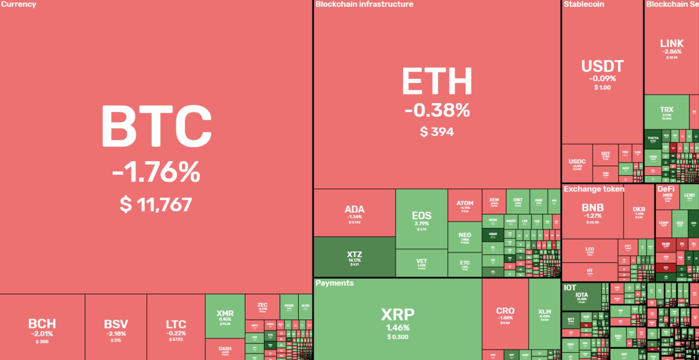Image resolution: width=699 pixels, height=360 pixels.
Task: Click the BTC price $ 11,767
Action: click(x=156, y=205)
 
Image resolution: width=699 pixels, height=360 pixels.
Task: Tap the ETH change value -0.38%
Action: click(x=437, y=111)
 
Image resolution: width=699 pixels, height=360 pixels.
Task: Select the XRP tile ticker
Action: click(x=397, y=315)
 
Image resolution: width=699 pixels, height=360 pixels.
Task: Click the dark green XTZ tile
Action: click(x=354, y=257)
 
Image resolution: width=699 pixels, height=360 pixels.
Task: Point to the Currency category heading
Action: click(x=18, y=4)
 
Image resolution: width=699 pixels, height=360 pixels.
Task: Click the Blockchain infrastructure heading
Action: click(x=364, y=4)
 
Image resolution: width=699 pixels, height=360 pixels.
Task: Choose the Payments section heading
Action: click(x=334, y=283)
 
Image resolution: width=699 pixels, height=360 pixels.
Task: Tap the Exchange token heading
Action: click(x=594, y=189)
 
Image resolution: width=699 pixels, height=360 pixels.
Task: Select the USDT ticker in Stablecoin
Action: click(x=602, y=66)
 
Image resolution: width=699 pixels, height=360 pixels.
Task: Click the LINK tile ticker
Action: click(x=672, y=43)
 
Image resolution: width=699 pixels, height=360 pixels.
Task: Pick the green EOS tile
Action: click(x=421, y=219)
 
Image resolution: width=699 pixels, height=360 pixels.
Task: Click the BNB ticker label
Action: click(x=592, y=207)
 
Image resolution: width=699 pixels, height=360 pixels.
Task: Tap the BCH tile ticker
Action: click(x=42, y=323)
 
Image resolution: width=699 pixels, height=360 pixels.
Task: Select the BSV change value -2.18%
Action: click(x=116, y=334)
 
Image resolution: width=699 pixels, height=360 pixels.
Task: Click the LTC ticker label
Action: click(x=176, y=324)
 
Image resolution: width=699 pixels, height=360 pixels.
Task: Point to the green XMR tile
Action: click(x=225, y=316)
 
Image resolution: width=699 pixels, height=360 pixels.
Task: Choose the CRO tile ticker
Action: click(x=505, y=311)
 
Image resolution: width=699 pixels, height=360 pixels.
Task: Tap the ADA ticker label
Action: click(x=354, y=209)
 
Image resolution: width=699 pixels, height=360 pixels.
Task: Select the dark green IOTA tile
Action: click(x=582, y=296)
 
